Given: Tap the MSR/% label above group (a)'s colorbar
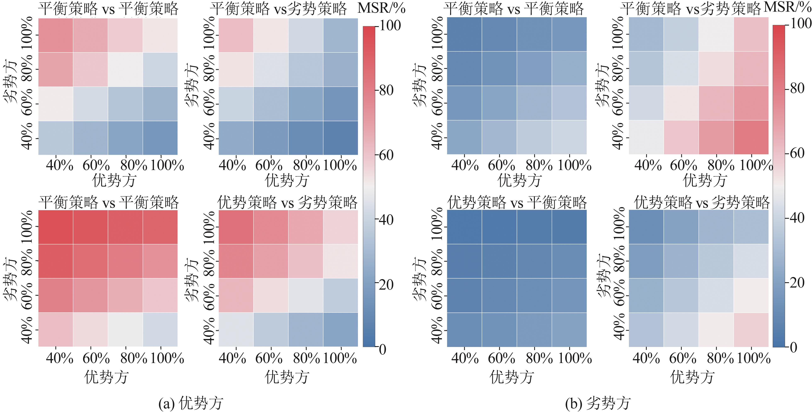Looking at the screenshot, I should point(381,9).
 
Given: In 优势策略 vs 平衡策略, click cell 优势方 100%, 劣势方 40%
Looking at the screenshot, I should point(569,330).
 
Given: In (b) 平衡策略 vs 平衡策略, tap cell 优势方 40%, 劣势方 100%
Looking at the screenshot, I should point(464,34).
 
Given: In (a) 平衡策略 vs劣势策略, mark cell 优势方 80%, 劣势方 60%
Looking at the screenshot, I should point(305,104).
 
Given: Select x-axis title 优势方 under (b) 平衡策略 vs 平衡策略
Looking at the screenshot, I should point(519,181).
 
